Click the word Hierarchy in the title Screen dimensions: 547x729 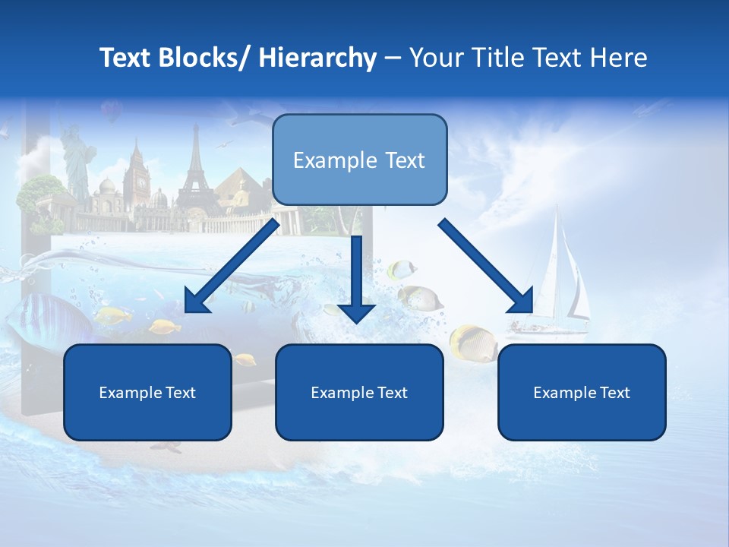click(x=317, y=58)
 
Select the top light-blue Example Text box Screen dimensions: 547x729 click(x=359, y=160)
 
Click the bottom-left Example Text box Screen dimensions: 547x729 click(x=147, y=393)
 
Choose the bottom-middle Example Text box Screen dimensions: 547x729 click(x=359, y=393)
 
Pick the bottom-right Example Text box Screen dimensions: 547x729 click(x=582, y=393)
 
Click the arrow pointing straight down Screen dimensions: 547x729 click(x=356, y=281)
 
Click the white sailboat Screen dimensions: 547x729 click(x=562, y=281)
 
